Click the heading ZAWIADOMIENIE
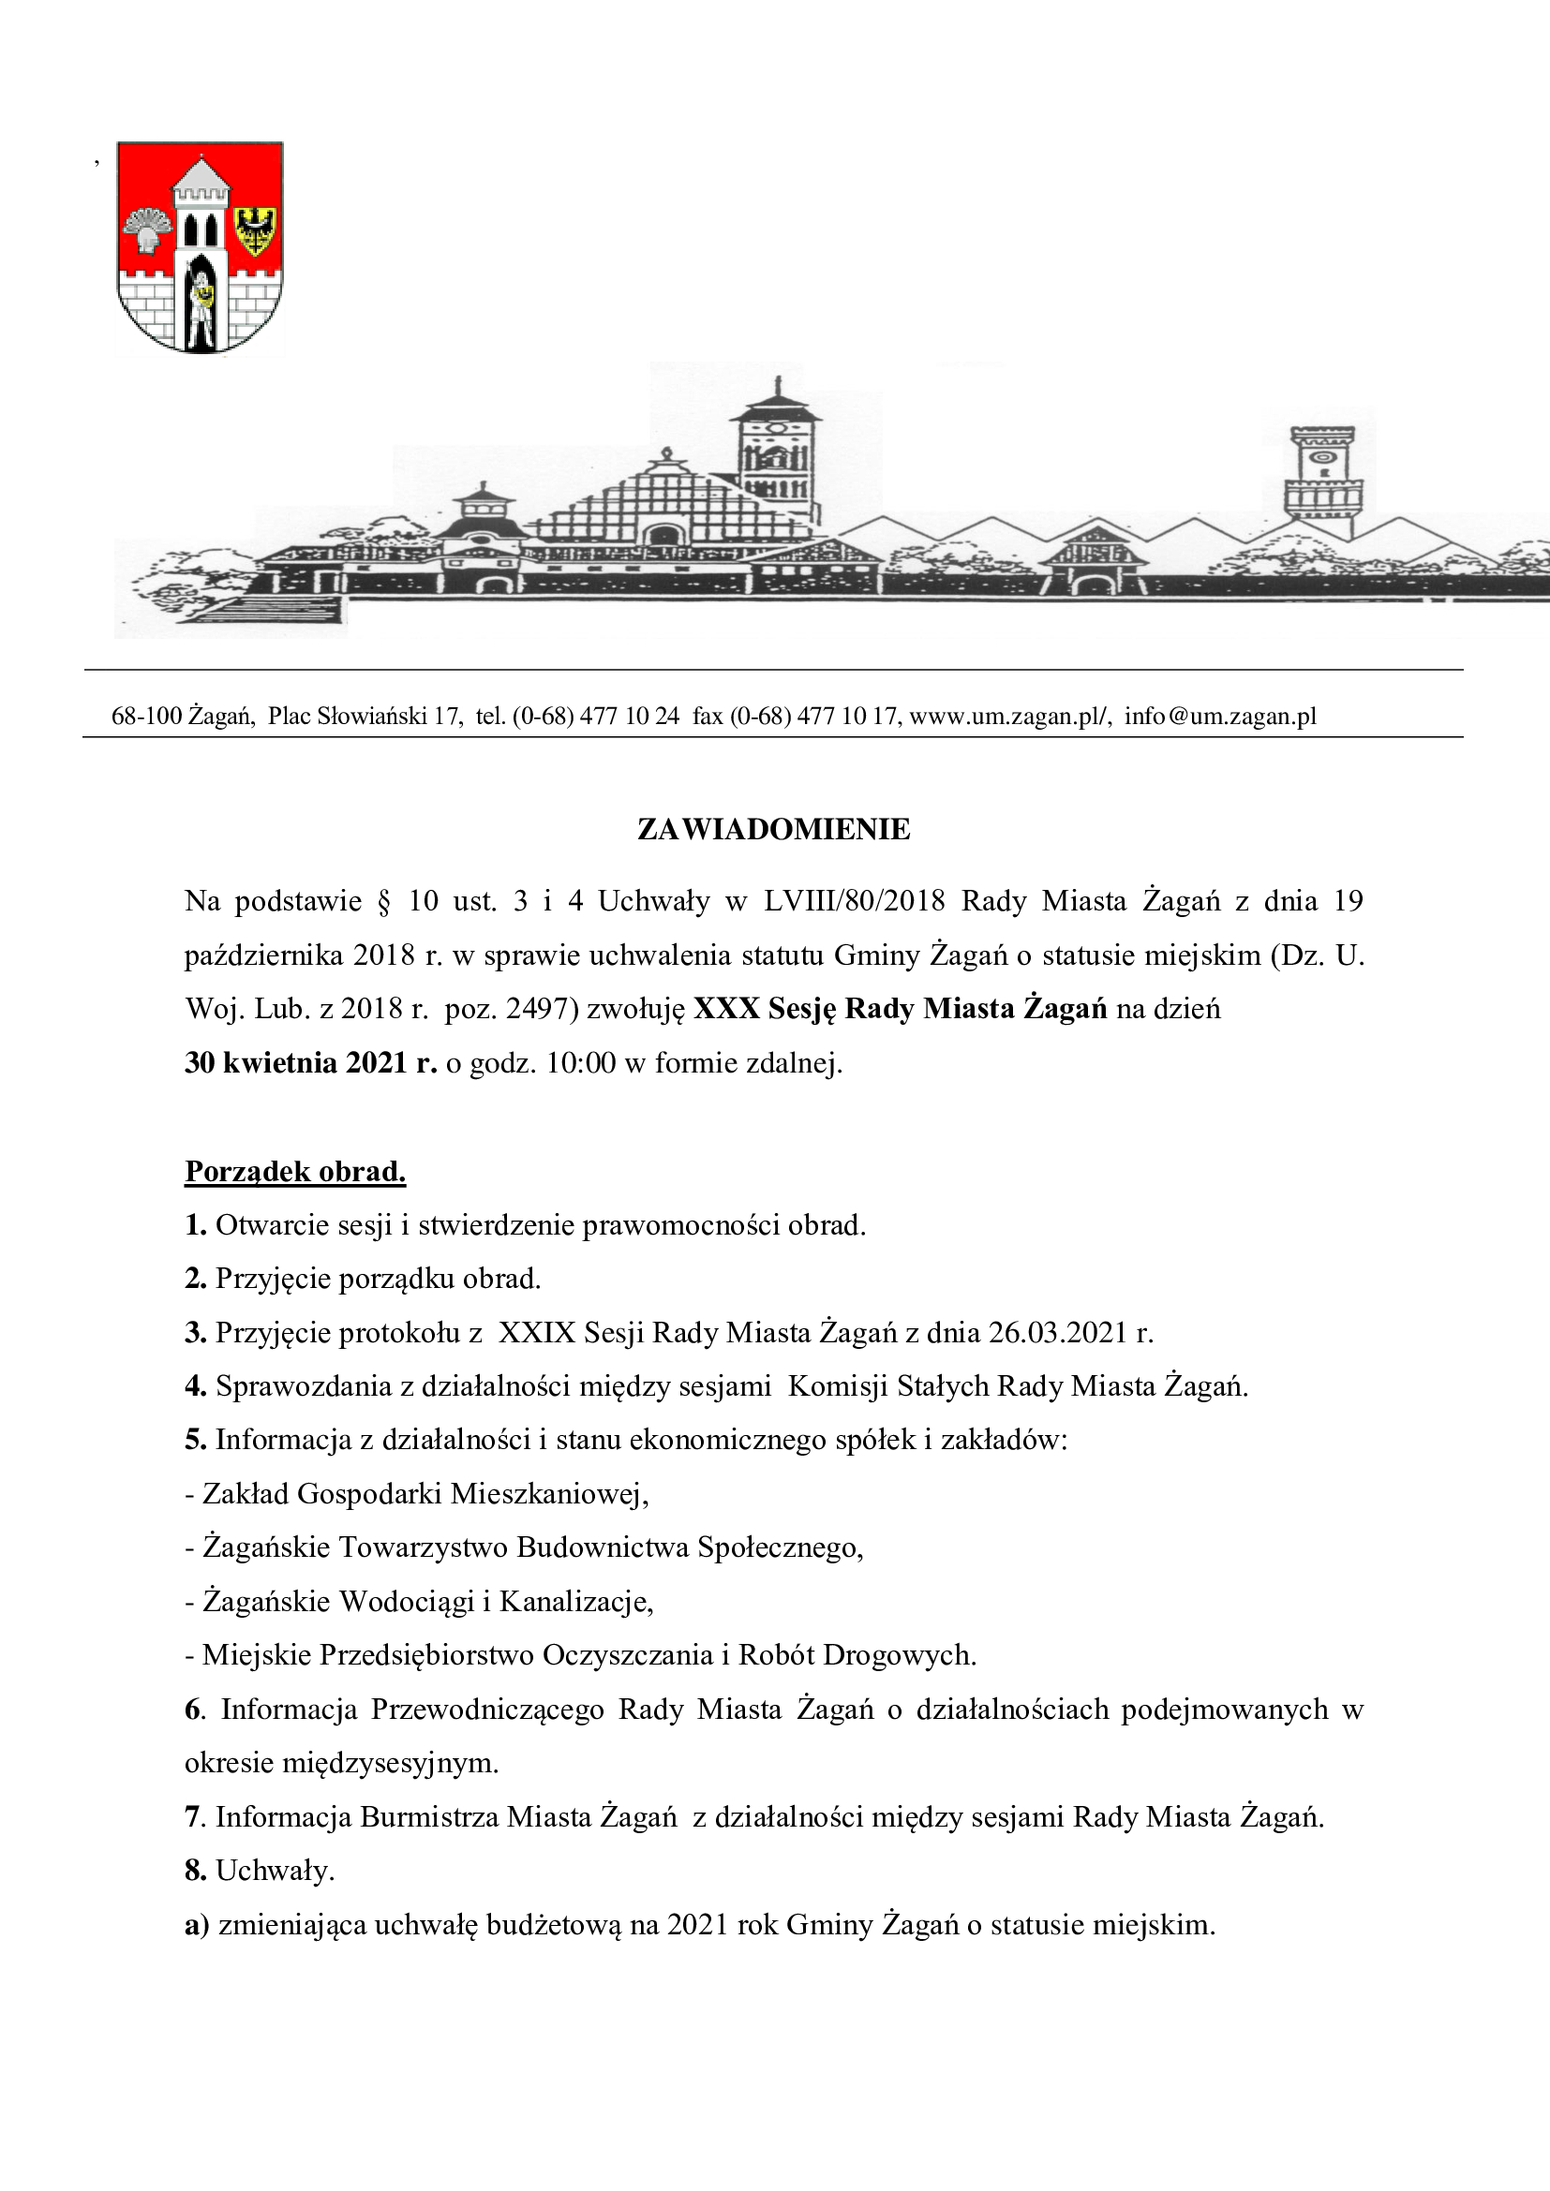click(x=773, y=829)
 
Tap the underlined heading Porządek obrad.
click(x=295, y=1171)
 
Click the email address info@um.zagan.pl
click(x=1220, y=716)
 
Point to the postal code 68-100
click(x=146, y=716)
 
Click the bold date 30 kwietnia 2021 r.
click(x=310, y=1062)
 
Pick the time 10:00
click(x=580, y=1062)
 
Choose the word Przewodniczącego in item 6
click(x=486, y=1710)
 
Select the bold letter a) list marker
click(x=197, y=1925)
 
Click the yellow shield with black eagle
click(x=255, y=230)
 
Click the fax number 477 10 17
click(x=847, y=716)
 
